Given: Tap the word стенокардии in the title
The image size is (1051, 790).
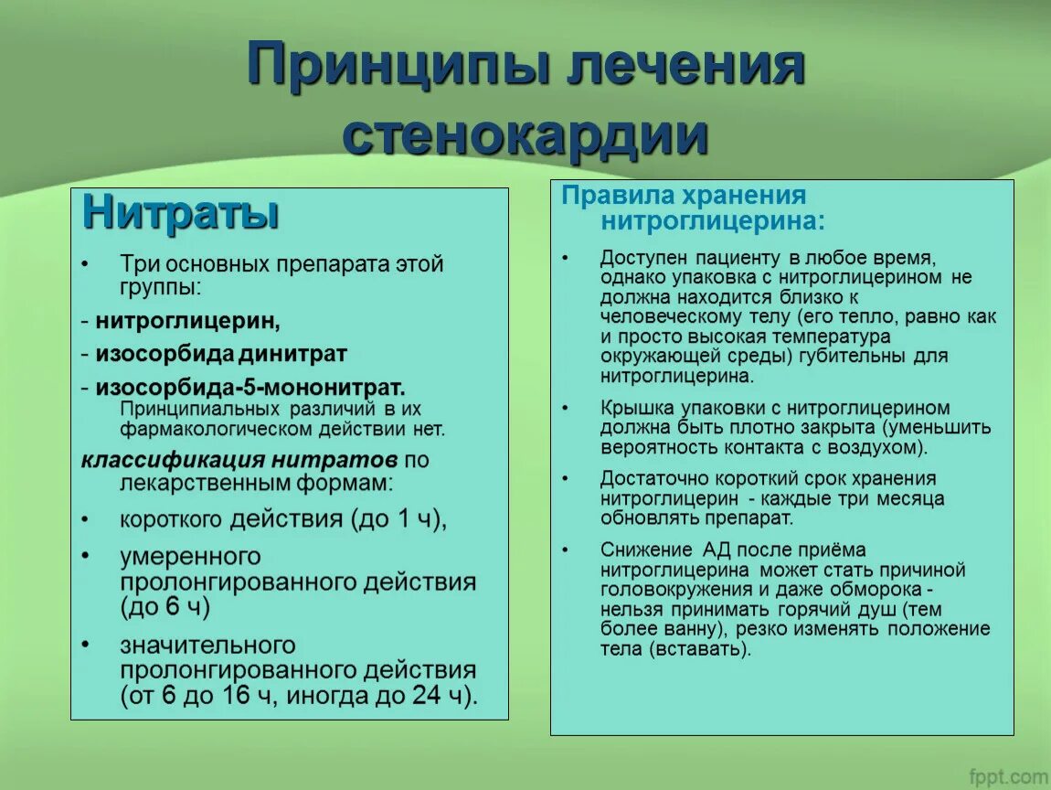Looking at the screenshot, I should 525,135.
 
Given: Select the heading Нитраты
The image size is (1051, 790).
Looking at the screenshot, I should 180,213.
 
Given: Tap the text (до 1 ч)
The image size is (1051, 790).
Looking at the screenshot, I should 398,520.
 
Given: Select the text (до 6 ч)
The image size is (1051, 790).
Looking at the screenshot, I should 165,606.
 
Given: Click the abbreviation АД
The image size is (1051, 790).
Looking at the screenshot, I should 717,550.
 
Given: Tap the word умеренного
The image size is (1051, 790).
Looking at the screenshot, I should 190,557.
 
